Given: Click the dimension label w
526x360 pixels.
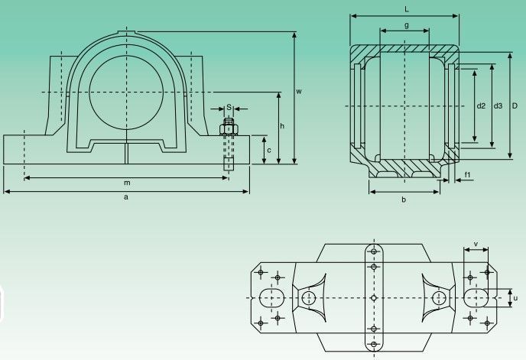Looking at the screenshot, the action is pyautogui.click(x=299, y=91).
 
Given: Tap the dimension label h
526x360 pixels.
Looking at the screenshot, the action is pyautogui.click(x=282, y=126).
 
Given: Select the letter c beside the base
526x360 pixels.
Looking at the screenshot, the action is pyautogui.click(x=268, y=151).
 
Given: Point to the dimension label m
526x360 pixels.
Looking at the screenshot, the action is pyautogui.click(x=127, y=183).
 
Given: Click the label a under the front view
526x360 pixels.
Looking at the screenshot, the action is pyautogui.click(x=126, y=197).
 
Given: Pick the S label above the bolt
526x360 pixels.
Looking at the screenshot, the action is pyautogui.click(x=229, y=107).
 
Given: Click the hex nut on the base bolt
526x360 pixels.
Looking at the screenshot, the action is pyautogui.click(x=229, y=129).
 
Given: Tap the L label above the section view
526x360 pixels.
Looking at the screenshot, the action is pyautogui.click(x=407, y=9).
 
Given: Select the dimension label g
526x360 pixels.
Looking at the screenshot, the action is pyautogui.click(x=407, y=25).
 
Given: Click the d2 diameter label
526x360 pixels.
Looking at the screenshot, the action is pyautogui.click(x=481, y=105).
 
